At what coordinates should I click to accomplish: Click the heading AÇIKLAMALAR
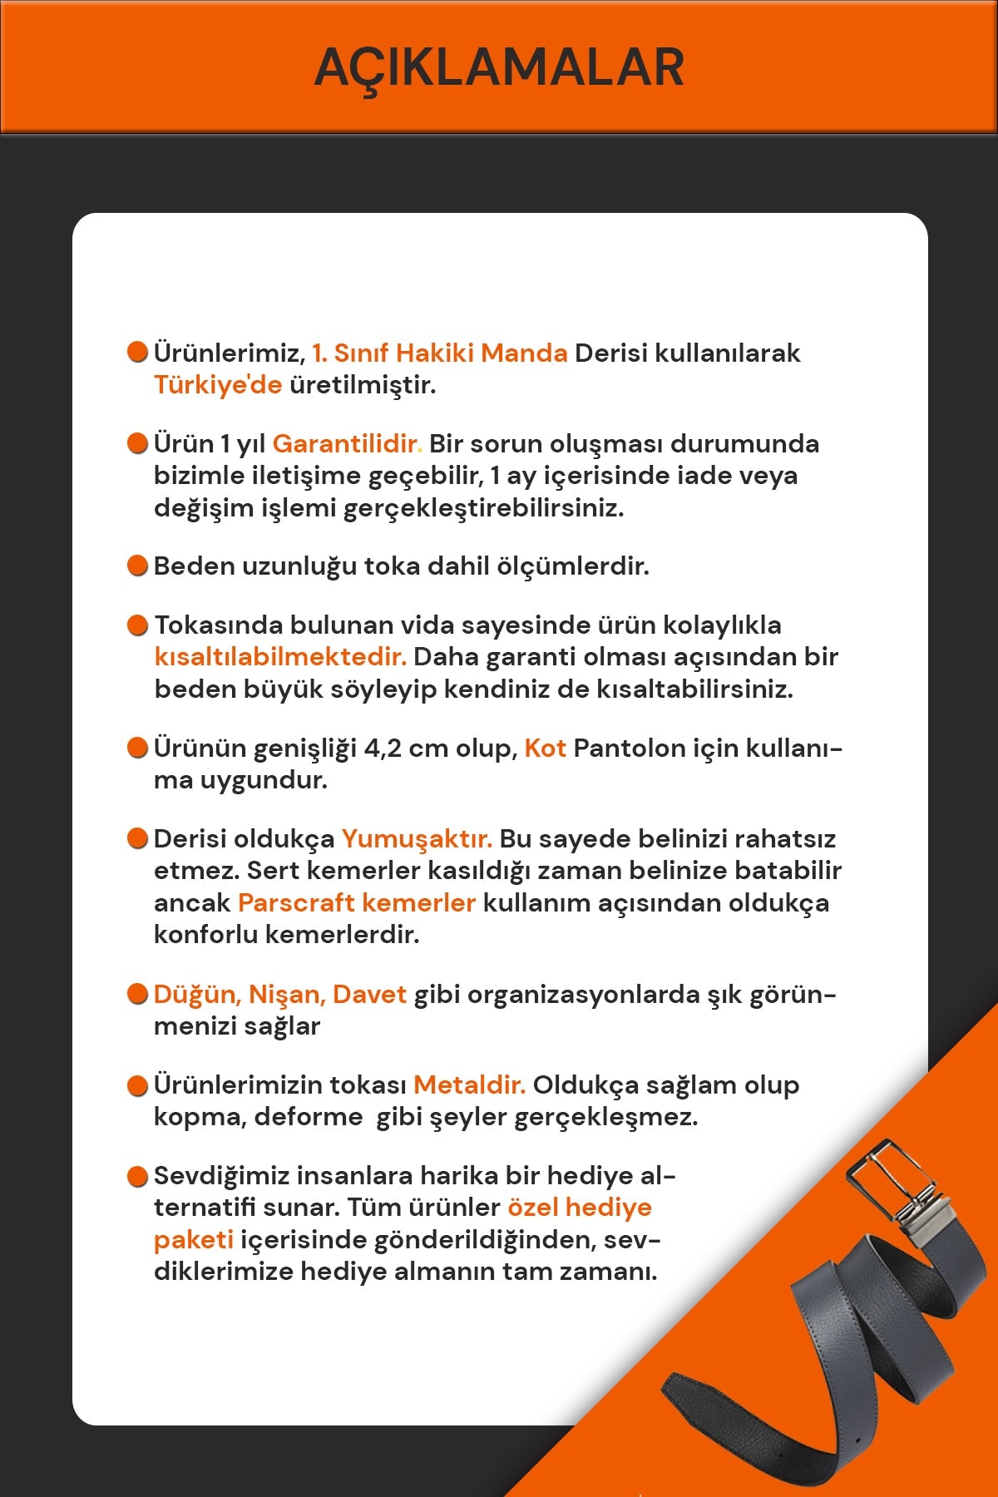499,68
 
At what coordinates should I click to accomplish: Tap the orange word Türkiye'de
218,385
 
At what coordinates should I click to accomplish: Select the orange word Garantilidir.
347,444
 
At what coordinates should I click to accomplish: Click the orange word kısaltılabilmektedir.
280,657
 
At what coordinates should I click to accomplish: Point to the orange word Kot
545,748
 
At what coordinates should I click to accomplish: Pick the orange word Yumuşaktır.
417,839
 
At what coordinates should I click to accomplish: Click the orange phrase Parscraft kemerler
357,903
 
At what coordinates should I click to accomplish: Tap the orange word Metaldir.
469,1085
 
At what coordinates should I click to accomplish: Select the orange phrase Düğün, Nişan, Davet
280,995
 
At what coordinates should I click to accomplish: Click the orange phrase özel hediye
580,1208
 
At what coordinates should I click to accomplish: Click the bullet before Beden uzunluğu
137,566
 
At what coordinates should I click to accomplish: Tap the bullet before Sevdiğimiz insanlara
137,1177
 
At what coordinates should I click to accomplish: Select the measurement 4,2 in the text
383,748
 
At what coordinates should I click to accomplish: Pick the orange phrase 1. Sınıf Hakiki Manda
439,353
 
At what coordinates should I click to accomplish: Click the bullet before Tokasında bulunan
137,625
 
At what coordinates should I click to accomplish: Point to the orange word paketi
193,1240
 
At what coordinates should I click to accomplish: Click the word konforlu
205,935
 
